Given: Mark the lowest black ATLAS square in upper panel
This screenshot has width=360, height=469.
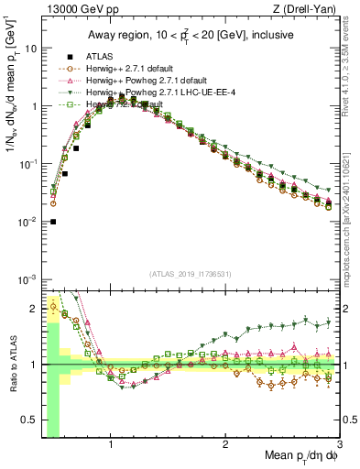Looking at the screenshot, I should click(x=53, y=222).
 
